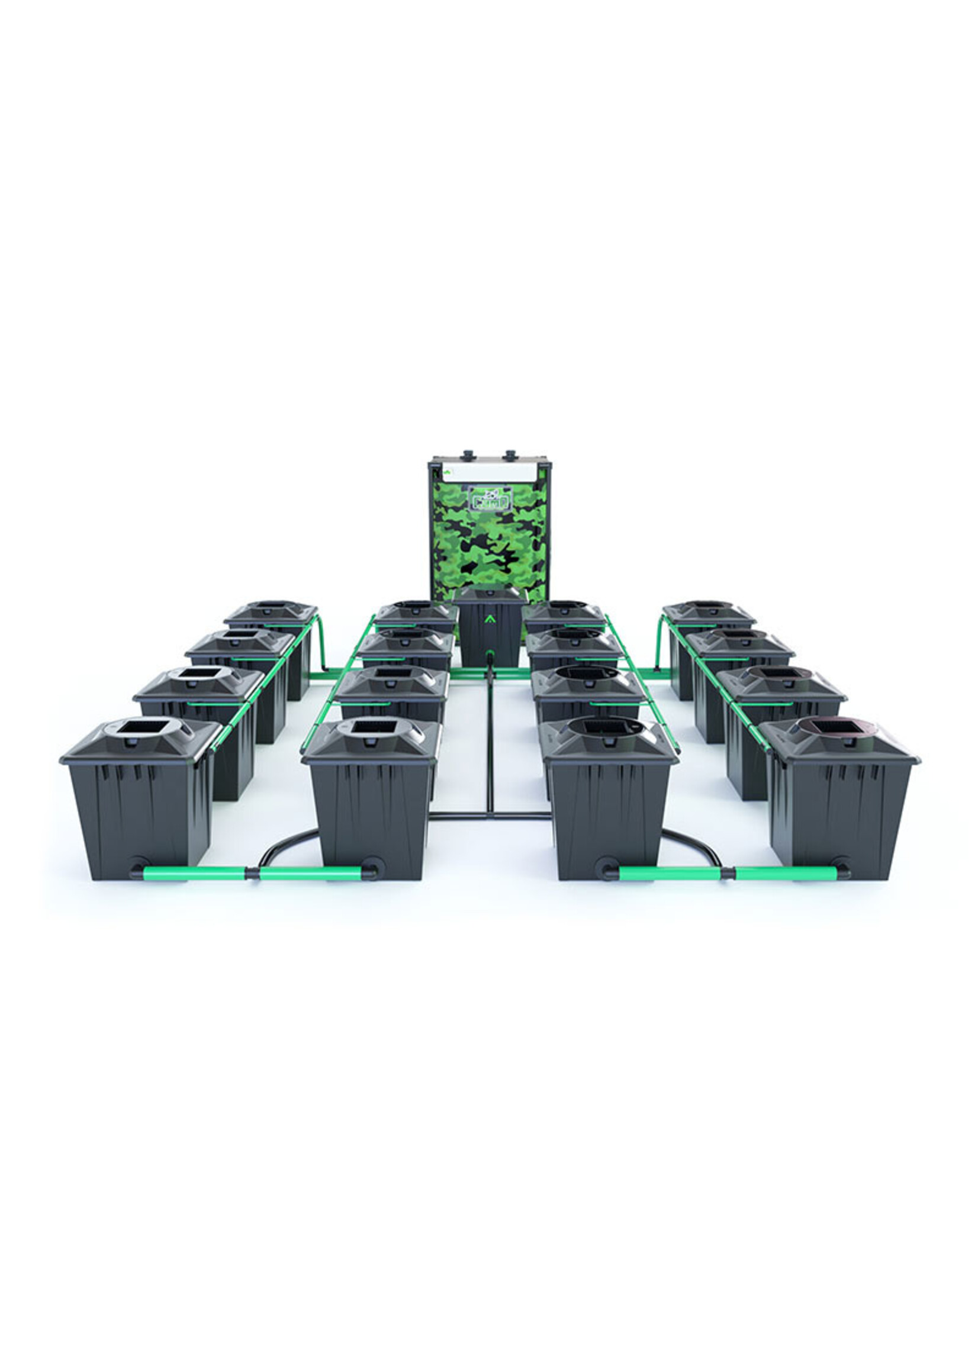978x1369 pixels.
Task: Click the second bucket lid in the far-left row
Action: (240, 642)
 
